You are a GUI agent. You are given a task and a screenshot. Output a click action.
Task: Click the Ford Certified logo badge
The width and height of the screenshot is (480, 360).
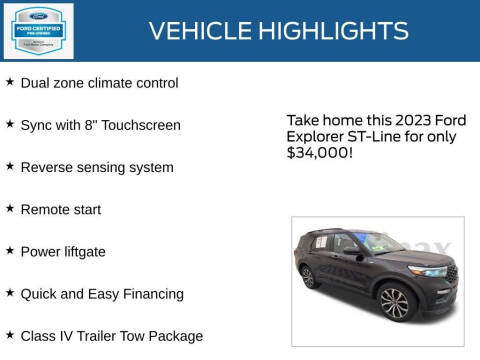click(38, 31)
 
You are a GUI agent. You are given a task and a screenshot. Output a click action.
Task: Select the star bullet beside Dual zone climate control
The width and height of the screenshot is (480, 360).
click(10, 82)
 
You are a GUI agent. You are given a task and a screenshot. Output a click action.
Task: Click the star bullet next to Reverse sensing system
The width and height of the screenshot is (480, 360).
click(10, 166)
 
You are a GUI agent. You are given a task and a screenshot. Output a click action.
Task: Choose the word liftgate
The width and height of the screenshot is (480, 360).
click(83, 252)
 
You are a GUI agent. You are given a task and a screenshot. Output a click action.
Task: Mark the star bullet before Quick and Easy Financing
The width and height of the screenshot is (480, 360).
click(10, 293)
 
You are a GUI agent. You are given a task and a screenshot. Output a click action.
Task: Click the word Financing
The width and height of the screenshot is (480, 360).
click(151, 294)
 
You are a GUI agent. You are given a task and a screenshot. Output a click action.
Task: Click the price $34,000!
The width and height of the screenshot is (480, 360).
click(318, 154)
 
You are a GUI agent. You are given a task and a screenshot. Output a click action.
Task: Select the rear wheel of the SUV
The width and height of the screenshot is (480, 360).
click(310, 277)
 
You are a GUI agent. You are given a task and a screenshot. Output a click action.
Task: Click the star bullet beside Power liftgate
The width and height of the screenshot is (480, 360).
click(10, 251)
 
